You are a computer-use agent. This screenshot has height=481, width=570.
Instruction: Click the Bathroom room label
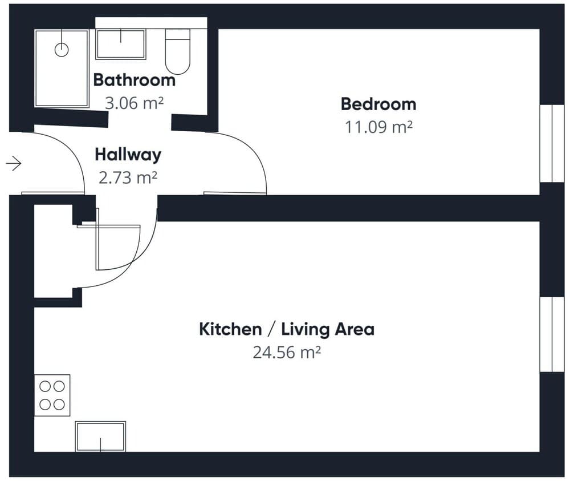[x=135, y=80]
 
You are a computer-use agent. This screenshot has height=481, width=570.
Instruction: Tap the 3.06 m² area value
[x=134, y=103]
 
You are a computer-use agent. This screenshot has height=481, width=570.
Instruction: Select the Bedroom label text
[x=378, y=104]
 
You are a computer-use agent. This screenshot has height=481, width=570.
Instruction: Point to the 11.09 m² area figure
[x=378, y=127]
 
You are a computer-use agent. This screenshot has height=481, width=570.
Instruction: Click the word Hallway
[x=128, y=155]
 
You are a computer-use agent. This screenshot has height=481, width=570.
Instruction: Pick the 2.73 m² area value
[x=128, y=178]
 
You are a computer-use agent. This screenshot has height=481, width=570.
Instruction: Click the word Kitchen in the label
[x=230, y=329]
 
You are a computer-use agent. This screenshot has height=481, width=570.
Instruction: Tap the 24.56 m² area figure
[x=287, y=353]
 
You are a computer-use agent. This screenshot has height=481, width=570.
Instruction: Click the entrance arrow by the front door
[x=14, y=163]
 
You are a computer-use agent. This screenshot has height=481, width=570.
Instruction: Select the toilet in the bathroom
[x=178, y=51]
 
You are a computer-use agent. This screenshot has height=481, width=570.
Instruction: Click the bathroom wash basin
[x=121, y=44]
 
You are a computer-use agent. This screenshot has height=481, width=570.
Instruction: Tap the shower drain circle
[x=62, y=50]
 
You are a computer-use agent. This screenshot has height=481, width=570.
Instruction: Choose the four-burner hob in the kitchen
[x=52, y=395]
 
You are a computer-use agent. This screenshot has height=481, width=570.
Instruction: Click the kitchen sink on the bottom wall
[x=100, y=436]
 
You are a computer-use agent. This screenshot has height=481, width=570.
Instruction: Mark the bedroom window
[x=552, y=143]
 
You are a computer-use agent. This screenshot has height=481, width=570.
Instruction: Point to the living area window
[x=552, y=334]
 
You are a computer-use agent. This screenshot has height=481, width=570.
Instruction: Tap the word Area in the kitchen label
[x=355, y=329]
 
